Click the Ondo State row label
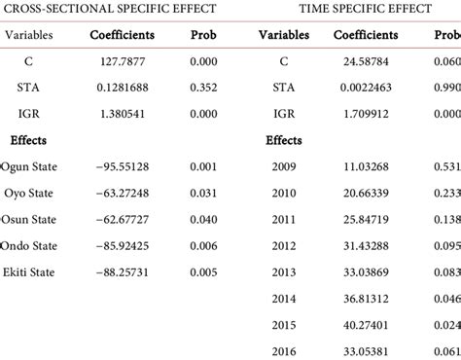[30, 245]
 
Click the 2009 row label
[284, 168]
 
